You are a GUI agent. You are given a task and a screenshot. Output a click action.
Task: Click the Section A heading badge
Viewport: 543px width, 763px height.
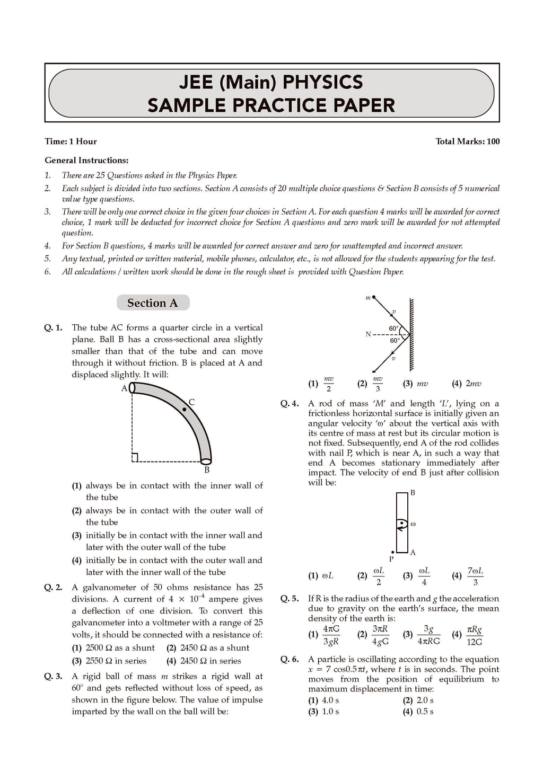[153, 303]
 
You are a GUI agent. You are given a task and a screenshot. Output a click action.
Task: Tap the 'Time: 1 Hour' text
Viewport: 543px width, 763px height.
[71, 141]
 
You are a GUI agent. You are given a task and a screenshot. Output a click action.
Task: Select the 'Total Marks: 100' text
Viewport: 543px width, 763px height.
[467, 141]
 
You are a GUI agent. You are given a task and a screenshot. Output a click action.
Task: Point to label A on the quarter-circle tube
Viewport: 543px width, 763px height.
[124, 388]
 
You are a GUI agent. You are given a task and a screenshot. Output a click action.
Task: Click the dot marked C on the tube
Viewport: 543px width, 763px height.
[185, 409]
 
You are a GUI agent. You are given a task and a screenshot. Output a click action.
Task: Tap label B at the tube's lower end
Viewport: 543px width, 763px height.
[207, 470]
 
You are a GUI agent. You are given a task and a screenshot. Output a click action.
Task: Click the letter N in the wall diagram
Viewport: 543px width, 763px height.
[368, 334]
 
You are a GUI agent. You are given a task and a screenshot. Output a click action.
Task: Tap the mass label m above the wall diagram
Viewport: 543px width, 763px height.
[368, 298]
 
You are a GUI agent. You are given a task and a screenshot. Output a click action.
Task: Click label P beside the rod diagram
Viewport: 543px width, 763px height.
[391, 558]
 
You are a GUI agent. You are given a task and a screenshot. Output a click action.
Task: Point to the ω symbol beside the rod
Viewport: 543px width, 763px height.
[413, 524]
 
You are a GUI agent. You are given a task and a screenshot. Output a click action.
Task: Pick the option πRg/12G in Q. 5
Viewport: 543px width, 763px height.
[474, 635]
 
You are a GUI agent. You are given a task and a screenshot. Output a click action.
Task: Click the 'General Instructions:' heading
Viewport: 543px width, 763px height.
[86, 160]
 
